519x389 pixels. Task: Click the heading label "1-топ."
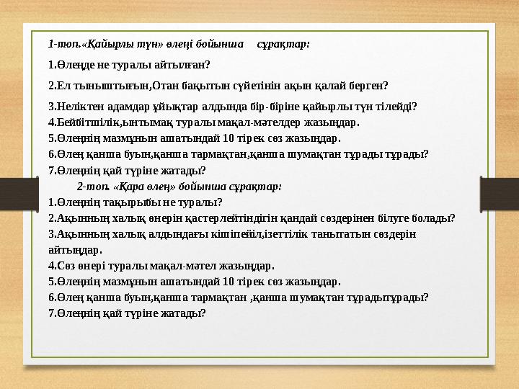pyautogui.click(x=61, y=44)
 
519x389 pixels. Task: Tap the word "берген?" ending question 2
pyautogui.click(x=369, y=86)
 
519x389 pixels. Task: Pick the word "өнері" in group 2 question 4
pyautogui.click(x=93, y=265)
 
